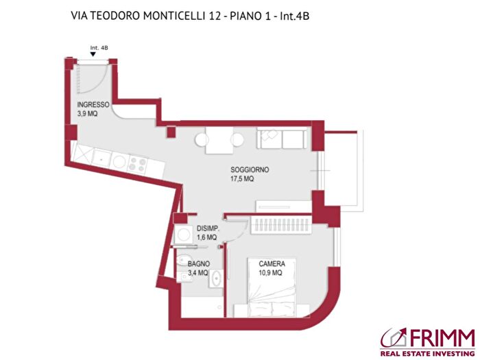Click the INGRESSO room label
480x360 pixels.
click(93, 104)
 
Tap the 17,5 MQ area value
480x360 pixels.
click(242, 179)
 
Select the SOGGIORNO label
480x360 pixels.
click(249, 169)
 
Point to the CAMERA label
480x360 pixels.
click(272, 263)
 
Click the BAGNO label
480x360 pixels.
click(199, 263)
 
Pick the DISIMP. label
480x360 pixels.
click(207, 228)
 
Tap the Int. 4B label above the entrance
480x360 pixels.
click(99, 48)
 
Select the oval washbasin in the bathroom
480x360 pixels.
click(216, 278)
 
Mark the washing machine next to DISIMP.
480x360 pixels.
click(182, 235)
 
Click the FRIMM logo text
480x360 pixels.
click(441, 337)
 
